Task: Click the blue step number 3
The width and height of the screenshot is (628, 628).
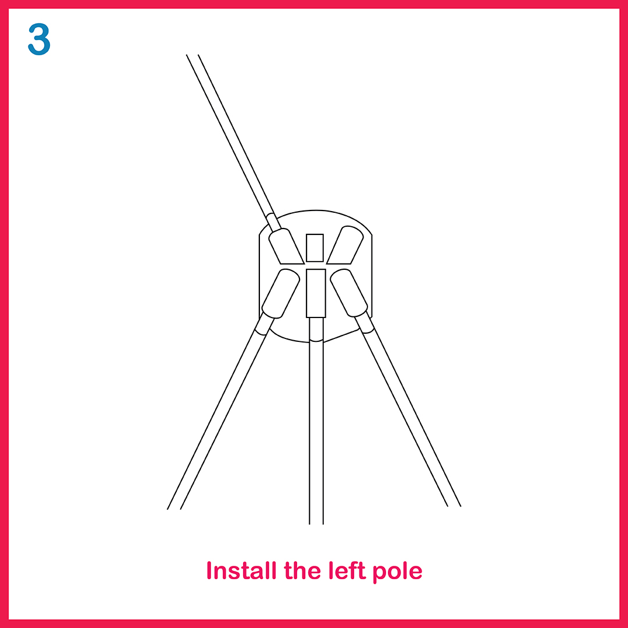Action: [39, 39]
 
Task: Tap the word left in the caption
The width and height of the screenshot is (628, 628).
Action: [347, 570]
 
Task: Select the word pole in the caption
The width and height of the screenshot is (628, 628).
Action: [397, 573]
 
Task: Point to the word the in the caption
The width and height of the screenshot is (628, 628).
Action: [302, 570]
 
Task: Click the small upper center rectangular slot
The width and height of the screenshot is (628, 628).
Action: [315, 248]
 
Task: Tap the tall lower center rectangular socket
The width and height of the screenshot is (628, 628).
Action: [316, 293]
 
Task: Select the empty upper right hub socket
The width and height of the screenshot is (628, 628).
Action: [345, 245]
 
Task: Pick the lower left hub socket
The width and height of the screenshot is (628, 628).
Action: [281, 294]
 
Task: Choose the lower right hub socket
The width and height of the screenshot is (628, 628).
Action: [349, 292]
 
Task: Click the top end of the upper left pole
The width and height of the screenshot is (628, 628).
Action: [192, 55]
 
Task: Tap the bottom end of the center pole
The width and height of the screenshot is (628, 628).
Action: [316, 524]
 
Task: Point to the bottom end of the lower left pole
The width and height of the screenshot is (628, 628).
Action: [174, 509]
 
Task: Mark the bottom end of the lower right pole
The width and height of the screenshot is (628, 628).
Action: [454, 506]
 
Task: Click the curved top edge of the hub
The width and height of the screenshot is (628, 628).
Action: [316, 210]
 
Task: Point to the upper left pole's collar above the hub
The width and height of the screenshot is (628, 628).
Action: [273, 222]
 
